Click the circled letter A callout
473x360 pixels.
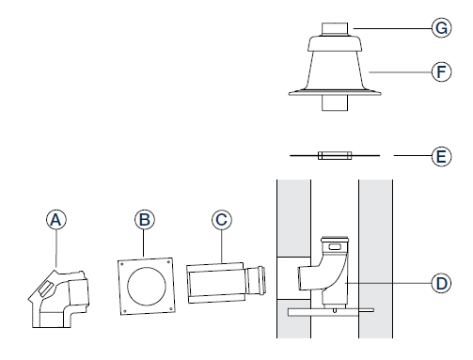(x=56, y=219)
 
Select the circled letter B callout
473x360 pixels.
(x=145, y=219)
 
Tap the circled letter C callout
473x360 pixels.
(x=222, y=219)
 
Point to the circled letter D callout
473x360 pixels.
(x=441, y=283)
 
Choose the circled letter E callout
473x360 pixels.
(x=441, y=156)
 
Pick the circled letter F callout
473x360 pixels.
(x=441, y=71)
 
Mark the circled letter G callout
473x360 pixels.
(x=441, y=28)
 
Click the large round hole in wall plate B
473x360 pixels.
(x=147, y=287)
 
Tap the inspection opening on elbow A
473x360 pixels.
(x=46, y=289)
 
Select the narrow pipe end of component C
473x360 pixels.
(x=256, y=281)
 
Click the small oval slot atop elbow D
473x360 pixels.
(x=335, y=246)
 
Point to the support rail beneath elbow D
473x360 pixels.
(x=331, y=312)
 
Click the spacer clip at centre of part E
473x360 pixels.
(x=335, y=155)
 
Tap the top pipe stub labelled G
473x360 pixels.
(x=335, y=29)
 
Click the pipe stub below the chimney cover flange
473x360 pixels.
(x=335, y=102)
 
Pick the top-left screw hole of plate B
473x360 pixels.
(x=122, y=264)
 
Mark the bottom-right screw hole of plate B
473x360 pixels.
(x=171, y=309)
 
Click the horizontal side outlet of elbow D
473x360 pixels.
(x=305, y=277)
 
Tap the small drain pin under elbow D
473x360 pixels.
(x=335, y=310)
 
